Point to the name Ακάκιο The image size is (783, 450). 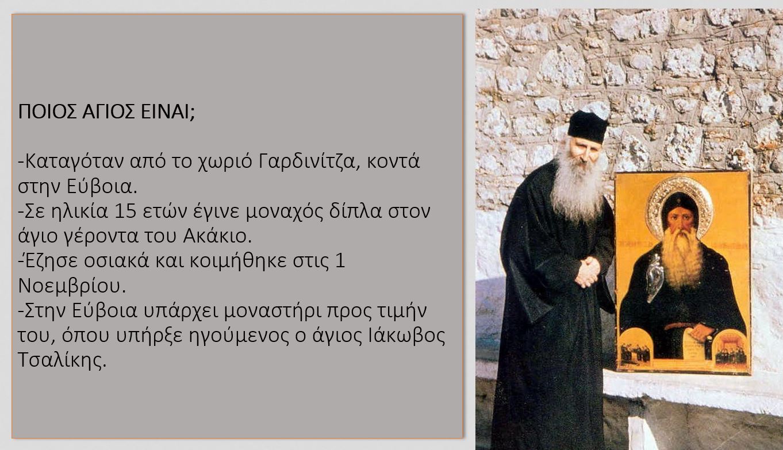click(x=217, y=236)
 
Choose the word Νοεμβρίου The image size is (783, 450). click(x=72, y=286)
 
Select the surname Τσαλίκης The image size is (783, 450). click(x=62, y=360)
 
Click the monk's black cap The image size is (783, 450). click(x=588, y=127)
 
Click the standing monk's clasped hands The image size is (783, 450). click(x=588, y=271)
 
